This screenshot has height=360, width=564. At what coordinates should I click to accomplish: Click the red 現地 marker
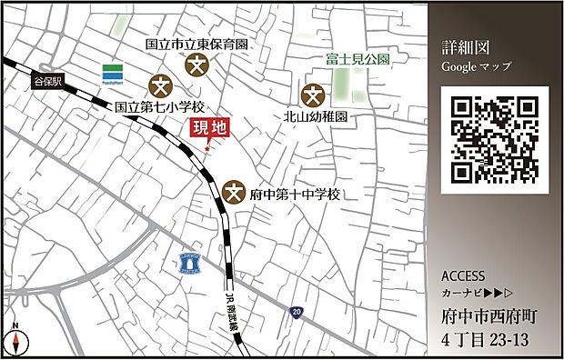[x=207, y=129]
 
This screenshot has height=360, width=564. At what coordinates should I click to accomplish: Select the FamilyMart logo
[x=113, y=73]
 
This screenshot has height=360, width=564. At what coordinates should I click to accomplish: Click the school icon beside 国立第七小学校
[x=161, y=85]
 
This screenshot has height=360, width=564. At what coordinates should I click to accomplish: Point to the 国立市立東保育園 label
[x=197, y=44]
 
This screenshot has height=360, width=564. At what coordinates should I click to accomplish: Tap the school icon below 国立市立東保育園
[x=197, y=65]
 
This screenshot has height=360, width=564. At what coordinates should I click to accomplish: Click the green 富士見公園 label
[x=358, y=59]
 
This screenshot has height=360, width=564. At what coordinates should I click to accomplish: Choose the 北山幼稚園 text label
[x=316, y=116]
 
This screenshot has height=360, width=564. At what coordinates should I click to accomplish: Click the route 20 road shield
[x=297, y=312]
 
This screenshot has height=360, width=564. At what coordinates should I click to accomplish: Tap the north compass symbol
[x=15, y=340]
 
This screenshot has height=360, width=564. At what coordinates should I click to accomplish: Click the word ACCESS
[x=463, y=276]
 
